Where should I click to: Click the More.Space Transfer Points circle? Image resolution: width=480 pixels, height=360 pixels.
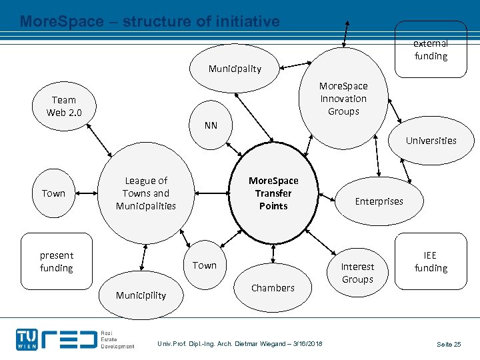273,193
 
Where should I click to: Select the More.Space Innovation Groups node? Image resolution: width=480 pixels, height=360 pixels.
343,99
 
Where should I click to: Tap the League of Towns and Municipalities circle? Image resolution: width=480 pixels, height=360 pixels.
146,193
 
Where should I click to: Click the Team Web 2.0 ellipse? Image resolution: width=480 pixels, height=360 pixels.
64,106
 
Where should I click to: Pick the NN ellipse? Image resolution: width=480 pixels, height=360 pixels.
211,125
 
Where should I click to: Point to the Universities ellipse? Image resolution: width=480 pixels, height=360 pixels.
431,141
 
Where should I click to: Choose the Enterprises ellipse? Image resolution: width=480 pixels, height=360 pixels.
379,201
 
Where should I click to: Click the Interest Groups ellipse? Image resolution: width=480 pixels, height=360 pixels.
357,273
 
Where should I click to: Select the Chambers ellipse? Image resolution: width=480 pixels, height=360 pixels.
273,288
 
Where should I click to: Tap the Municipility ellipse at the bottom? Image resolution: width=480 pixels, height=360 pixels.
141,295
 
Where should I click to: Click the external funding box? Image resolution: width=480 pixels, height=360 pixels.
431,50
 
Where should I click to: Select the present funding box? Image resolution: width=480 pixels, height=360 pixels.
57,262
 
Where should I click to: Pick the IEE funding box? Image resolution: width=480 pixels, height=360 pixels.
431,262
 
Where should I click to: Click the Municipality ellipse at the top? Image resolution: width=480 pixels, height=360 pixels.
235,69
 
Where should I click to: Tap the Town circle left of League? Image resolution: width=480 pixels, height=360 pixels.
54,193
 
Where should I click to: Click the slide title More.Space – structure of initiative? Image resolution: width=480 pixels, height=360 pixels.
150,21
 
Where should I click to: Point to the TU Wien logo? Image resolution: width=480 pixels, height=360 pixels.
27,339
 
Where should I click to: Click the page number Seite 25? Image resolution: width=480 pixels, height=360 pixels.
449,344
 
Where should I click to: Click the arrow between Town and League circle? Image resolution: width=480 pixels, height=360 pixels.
85,193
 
